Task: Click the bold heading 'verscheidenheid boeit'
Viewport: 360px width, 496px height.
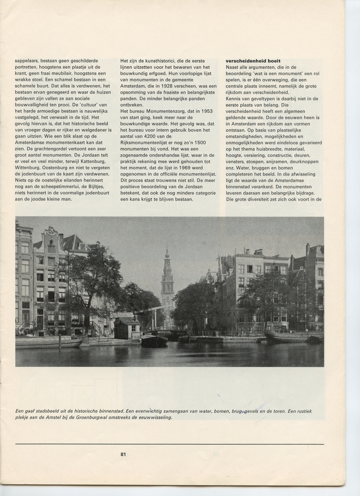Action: click(253, 61)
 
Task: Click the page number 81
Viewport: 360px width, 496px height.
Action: click(123, 454)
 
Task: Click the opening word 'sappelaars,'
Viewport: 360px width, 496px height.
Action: click(28, 61)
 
